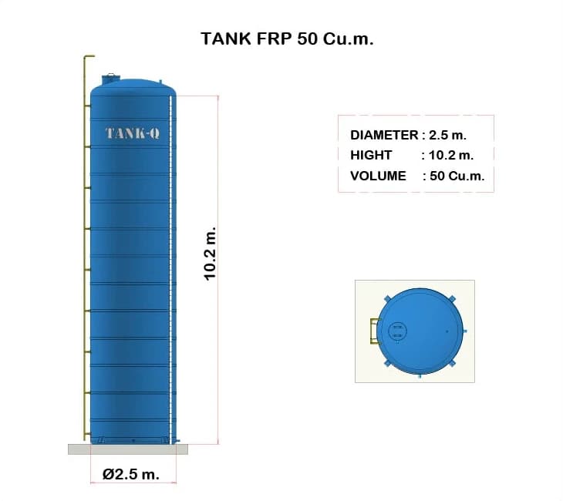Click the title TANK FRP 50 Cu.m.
point(287,39)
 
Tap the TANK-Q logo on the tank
point(133,133)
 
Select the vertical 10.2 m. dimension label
point(210,254)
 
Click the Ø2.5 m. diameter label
point(131,474)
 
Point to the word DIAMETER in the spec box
point(384,135)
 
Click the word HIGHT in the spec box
point(370,155)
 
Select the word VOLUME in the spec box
point(378,176)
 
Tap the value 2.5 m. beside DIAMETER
point(448,135)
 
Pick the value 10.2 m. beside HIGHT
point(451,155)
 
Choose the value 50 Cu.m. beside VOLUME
point(457,176)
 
